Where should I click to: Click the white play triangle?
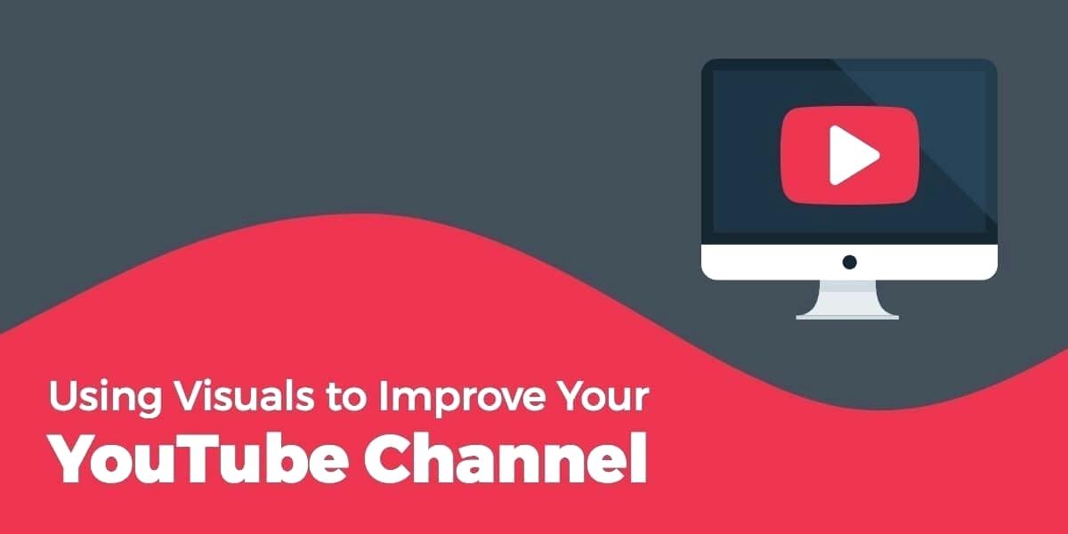[852, 155]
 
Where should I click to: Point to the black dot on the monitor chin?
[849, 262]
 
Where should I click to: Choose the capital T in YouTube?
[182, 457]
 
